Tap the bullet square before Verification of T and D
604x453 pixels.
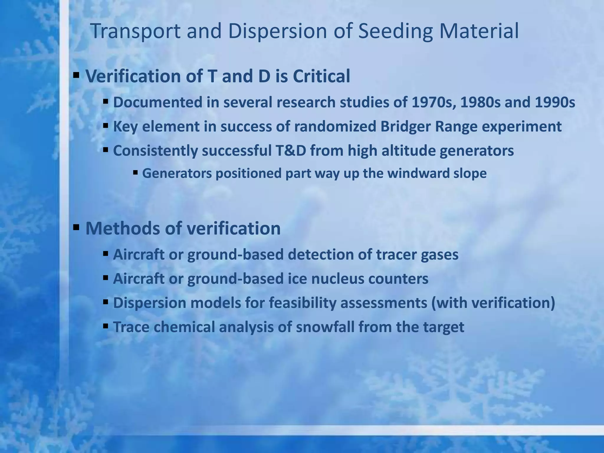[76, 75]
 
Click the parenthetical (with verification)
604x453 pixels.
[493, 303]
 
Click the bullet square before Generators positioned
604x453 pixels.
[135, 172]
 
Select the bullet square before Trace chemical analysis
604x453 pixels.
[106, 326]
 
